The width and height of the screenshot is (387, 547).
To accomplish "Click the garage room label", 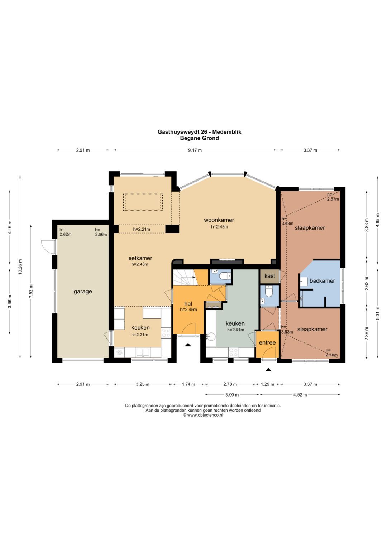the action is [x=82, y=292].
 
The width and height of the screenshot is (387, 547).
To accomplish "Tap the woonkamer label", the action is [x=219, y=220].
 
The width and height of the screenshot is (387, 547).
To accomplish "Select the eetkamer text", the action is [x=140, y=258].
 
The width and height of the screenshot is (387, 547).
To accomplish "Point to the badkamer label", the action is [x=322, y=281].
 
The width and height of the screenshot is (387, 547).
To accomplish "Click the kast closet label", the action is [x=270, y=276].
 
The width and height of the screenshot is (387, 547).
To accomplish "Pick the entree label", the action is [x=267, y=342].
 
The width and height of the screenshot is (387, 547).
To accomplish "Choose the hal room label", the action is [x=188, y=304].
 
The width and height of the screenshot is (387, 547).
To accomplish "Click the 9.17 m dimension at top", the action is [x=195, y=150].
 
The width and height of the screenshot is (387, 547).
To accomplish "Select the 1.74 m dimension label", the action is [x=188, y=384].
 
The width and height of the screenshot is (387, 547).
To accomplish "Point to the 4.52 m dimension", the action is [x=300, y=395].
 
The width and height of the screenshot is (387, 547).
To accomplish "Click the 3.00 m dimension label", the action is [x=231, y=395].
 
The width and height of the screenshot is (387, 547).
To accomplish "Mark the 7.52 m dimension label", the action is [x=31, y=291].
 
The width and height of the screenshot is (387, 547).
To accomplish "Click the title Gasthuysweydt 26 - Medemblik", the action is [x=199, y=132].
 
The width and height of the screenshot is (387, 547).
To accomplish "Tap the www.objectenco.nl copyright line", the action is [x=203, y=415].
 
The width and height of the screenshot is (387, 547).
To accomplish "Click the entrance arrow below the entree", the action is [x=268, y=370].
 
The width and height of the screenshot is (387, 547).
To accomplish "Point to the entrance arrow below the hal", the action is [x=188, y=345].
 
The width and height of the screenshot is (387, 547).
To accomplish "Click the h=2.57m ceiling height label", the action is [x=333, y=197].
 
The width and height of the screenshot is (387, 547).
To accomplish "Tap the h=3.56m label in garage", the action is [x=101, y=232].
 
